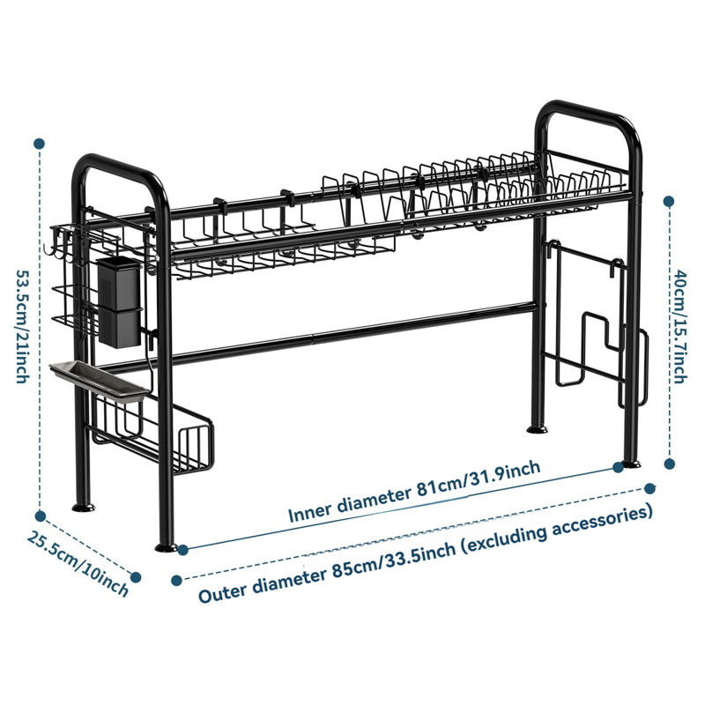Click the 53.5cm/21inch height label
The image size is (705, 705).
point(23,326)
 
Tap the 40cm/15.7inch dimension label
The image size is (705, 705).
point(680,326)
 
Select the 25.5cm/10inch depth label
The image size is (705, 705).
point(78,563)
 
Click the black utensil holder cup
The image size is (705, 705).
point(120,302)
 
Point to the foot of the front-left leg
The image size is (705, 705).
point(166,547)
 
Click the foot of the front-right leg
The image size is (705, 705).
point(631,464)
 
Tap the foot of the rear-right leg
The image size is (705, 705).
point(538,429)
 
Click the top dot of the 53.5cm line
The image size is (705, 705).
point(39,144)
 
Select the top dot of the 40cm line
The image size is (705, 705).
point(669,201)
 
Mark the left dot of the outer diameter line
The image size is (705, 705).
point(177,581)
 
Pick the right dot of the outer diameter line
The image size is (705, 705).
point(649,488)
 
